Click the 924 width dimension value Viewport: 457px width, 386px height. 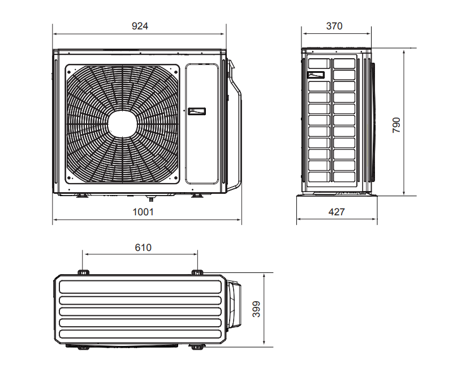(140, 26)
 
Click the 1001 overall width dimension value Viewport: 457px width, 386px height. (143, 212)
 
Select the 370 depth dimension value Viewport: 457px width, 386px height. (334, 26)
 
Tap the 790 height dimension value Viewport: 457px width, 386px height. (396, 125)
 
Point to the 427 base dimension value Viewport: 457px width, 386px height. (337, 212)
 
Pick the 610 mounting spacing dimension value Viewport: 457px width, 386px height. (143, 248)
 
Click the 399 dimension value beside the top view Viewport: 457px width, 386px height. (256, 309)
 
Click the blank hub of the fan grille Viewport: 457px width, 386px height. (122, 124)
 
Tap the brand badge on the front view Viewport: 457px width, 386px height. (197, 111)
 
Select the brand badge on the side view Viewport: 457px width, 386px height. (316, 75)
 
